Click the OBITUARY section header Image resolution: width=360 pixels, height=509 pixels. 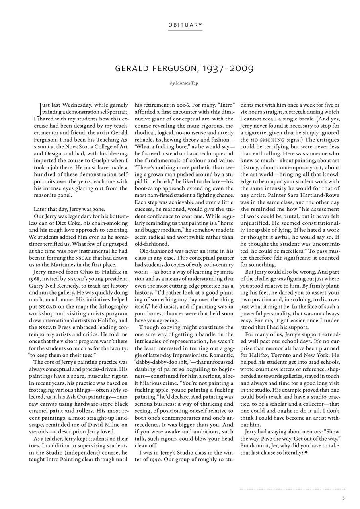185,25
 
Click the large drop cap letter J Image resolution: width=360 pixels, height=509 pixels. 39,107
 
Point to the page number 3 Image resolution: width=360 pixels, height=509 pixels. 343,497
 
